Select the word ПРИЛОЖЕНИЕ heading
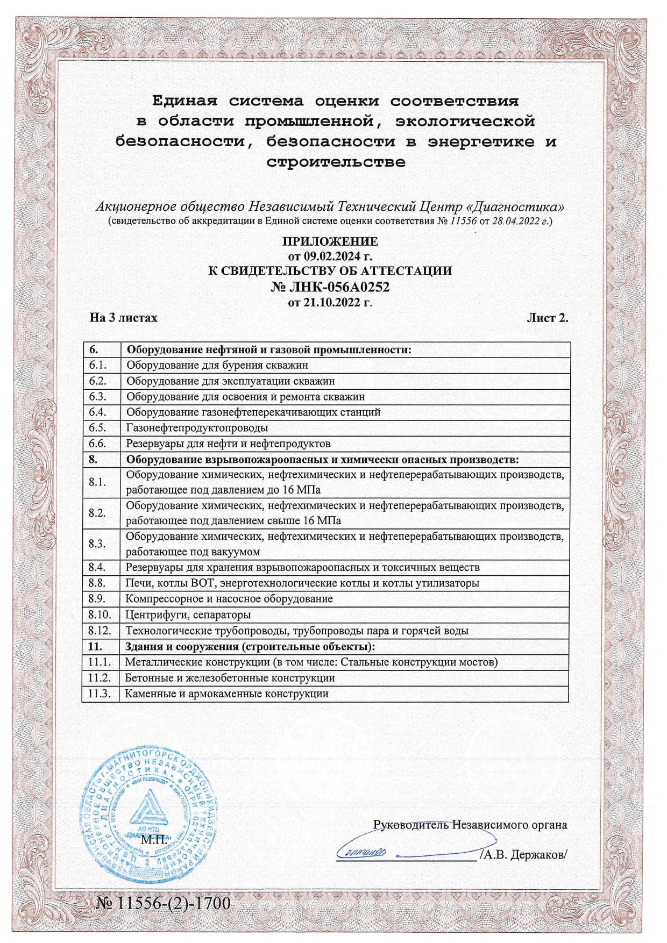(330, 241)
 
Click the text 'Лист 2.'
(547, 318)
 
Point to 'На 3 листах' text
(124, 318)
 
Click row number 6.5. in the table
(98, 428)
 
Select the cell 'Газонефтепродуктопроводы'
(197, 428)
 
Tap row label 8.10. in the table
(100, 615)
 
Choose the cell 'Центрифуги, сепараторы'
(188, 615)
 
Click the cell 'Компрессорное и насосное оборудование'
(229, 599)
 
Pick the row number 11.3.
(100, 694)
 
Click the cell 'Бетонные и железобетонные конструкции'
(230, 678)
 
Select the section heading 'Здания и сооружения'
(250, 646)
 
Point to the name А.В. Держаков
(524, 854)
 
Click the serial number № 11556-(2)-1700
(163, 903)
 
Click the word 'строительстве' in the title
(336, 162)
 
